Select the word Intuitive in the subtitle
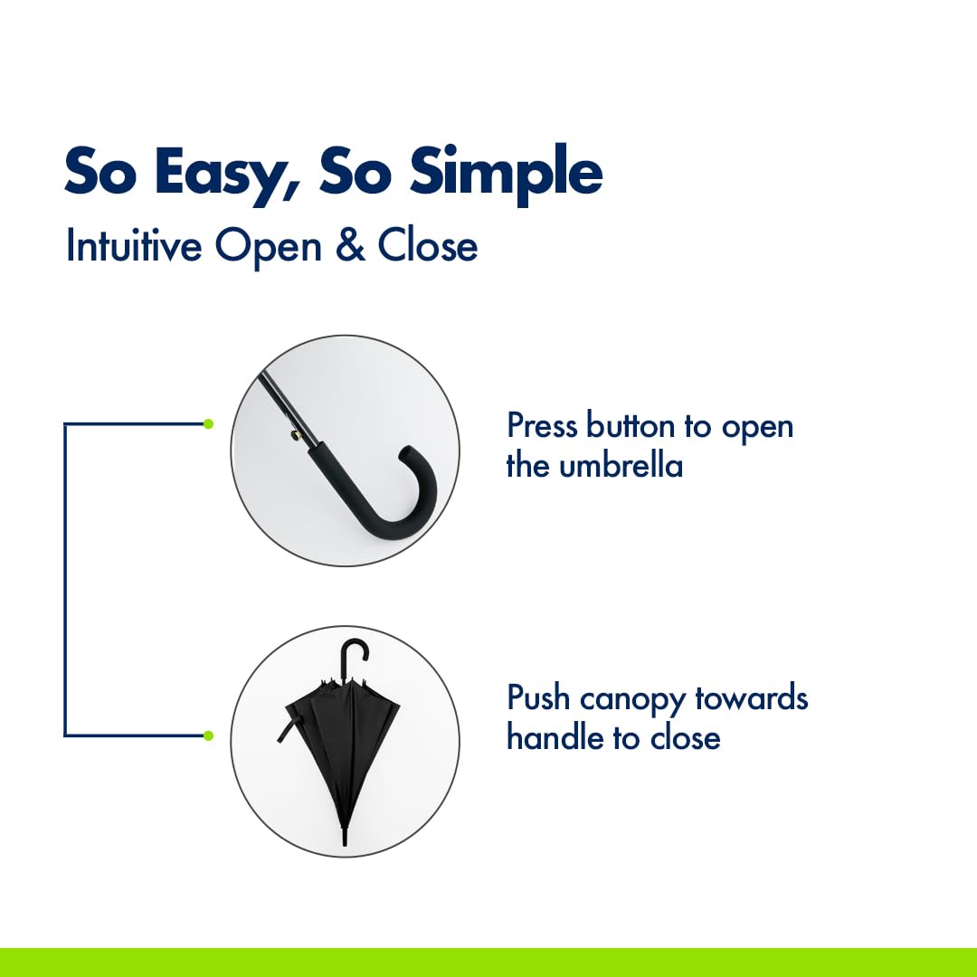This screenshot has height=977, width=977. tap(134, 245)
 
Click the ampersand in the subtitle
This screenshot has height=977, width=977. tap(351, 245)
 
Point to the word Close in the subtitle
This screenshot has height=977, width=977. tap(427, 245)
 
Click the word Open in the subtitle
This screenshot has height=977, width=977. tap(269, 248)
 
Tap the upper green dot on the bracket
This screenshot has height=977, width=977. tap(209, 423)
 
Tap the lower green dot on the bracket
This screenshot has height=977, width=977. tap(209, 735)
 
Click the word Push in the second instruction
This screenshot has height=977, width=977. tap(538, 697)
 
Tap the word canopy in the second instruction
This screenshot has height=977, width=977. tap(632, 700)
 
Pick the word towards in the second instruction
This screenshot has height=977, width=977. tap(752, 697)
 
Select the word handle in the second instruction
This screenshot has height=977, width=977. tap(555, 737)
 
